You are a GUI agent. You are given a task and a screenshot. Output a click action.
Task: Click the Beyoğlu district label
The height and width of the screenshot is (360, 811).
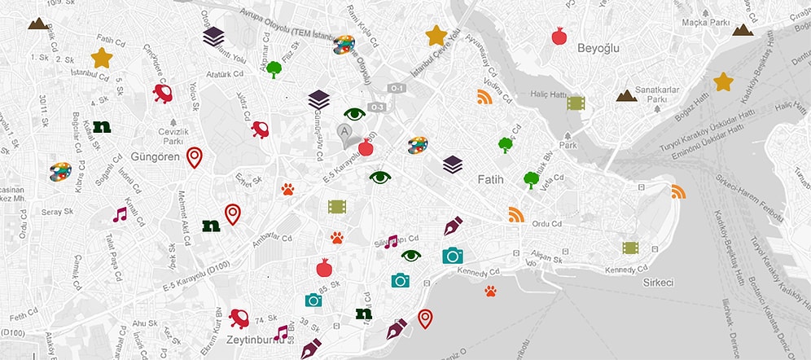pos(598,49)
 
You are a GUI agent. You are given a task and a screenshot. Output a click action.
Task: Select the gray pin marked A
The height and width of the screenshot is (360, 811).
pos(346,133)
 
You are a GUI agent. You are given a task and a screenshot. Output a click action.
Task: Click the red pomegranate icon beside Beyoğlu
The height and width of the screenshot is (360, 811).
pos(559,36)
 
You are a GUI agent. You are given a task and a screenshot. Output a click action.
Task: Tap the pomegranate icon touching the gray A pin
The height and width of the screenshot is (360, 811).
pos(366,147)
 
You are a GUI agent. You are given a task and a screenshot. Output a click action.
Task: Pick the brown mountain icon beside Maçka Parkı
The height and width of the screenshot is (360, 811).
pos(741,30)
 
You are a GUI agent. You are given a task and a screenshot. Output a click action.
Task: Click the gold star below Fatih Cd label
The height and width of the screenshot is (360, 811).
pos(101,58)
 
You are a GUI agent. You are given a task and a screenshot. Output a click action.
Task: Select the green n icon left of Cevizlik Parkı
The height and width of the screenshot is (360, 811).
pos(102,126)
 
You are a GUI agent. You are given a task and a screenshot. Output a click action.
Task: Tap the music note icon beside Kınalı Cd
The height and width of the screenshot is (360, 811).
pos(121,215)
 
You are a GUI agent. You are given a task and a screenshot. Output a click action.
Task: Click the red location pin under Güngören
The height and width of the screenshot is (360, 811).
pos(194,156)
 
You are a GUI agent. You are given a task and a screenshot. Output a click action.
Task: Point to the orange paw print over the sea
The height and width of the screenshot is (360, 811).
pos(490,291)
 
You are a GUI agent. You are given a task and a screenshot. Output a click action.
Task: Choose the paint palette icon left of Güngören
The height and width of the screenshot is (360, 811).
pos(60,172)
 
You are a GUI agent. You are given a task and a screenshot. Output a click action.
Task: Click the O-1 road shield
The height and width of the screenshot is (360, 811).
pos(396,88)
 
